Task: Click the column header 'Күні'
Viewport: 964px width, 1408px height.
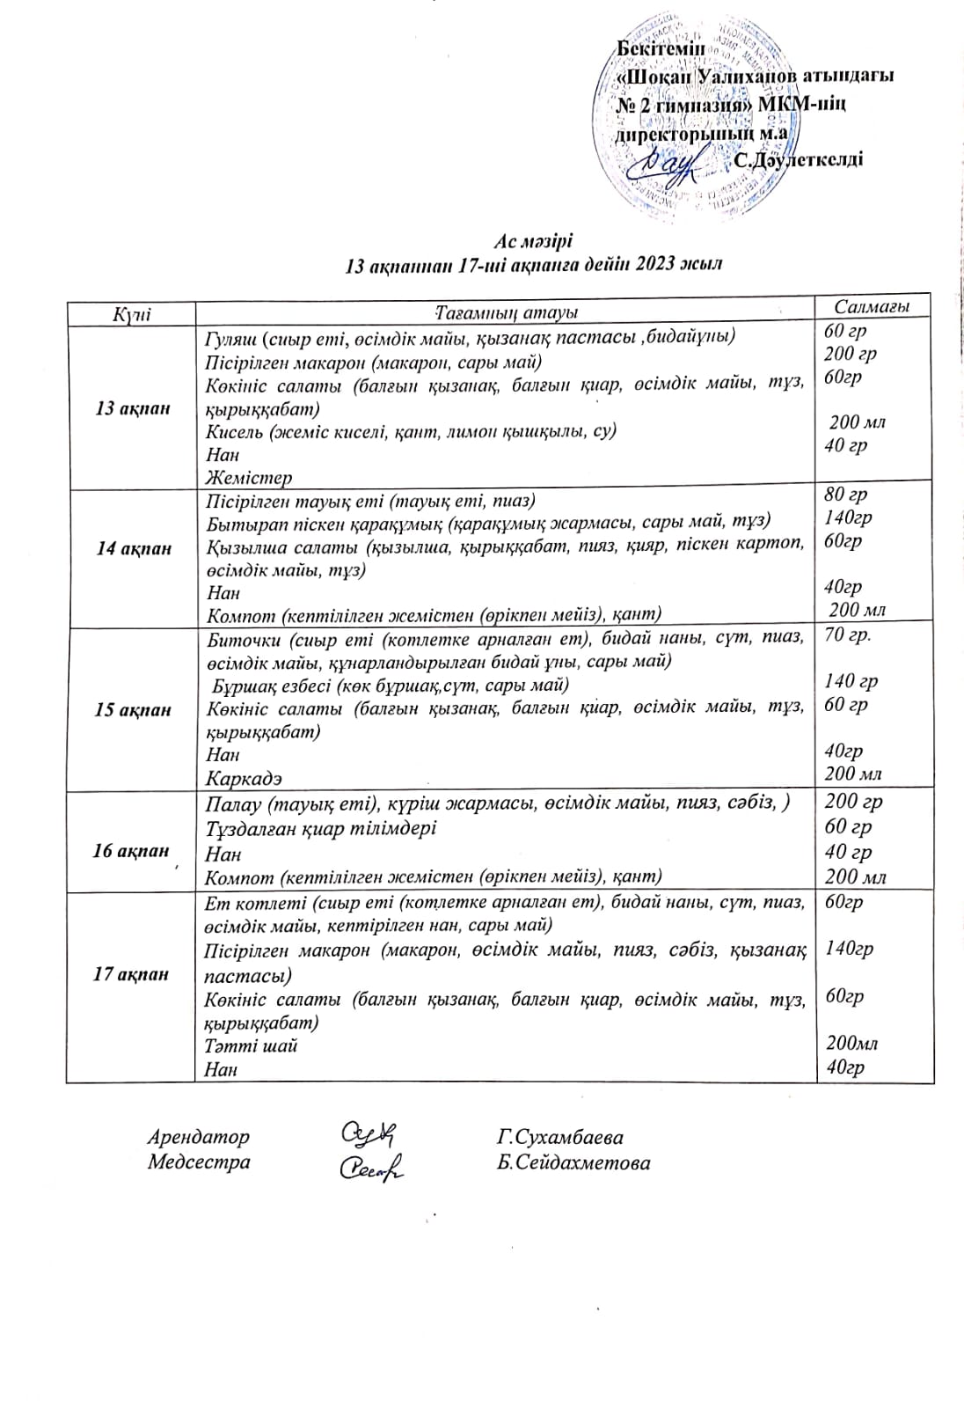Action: tap(132, 314)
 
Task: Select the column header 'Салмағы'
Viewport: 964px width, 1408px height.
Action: tap(871, 306)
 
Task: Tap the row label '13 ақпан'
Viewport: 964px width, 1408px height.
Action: tap(132, 408)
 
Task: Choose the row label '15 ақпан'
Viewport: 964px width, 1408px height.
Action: tap(133, 710)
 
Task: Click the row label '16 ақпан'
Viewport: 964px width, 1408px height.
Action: tap(130, 851)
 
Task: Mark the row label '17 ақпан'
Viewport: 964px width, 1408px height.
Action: tap(131, 974)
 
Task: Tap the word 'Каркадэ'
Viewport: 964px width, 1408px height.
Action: tap(244, 779)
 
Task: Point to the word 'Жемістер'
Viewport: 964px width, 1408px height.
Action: tap(249, 478)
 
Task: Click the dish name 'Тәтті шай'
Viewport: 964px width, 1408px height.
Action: tap(251, 1045)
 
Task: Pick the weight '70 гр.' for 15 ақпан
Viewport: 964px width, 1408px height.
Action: tap(848, 634)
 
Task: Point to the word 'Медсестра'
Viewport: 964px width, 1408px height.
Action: tap(199, 1162)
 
